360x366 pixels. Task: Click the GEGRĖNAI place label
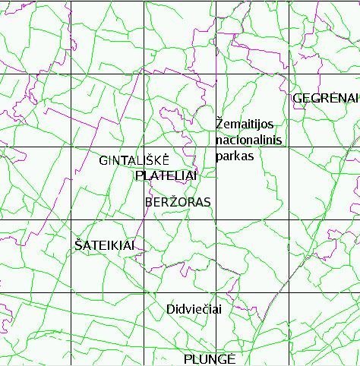pos(324,98)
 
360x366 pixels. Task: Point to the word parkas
pos(234,156)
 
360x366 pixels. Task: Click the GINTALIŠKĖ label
pos(134,160)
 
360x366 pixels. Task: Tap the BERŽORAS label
pos(178,202)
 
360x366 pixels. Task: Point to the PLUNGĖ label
pos(210,358)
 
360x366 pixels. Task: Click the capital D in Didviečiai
pos(170,309)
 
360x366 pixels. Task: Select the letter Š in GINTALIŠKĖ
pos(151,160)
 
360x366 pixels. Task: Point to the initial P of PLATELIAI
pos(137,176)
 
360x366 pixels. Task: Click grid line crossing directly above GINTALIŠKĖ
pos(144,147)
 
